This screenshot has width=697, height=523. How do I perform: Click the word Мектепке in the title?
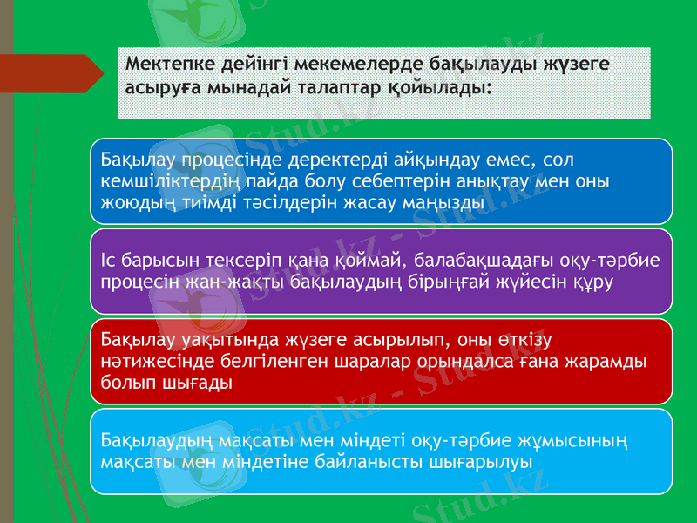pos(168,65)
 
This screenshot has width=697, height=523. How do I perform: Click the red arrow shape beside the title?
pos(52,73)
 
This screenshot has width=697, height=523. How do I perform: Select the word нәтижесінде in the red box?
pos(147,360)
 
